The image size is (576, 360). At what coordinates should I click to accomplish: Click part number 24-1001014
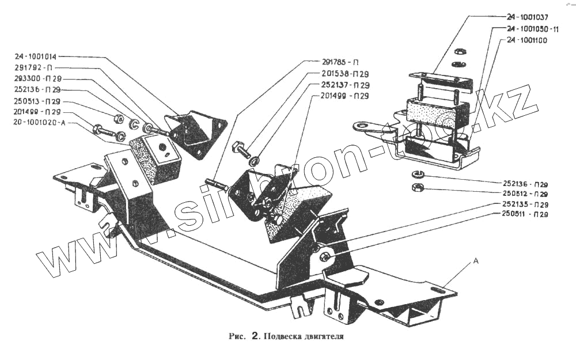[36, 57]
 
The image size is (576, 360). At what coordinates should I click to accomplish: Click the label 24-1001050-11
[533, 29]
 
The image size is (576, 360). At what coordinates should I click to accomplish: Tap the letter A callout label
[476, 260]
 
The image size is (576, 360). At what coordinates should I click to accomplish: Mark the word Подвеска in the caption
[280, 336]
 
